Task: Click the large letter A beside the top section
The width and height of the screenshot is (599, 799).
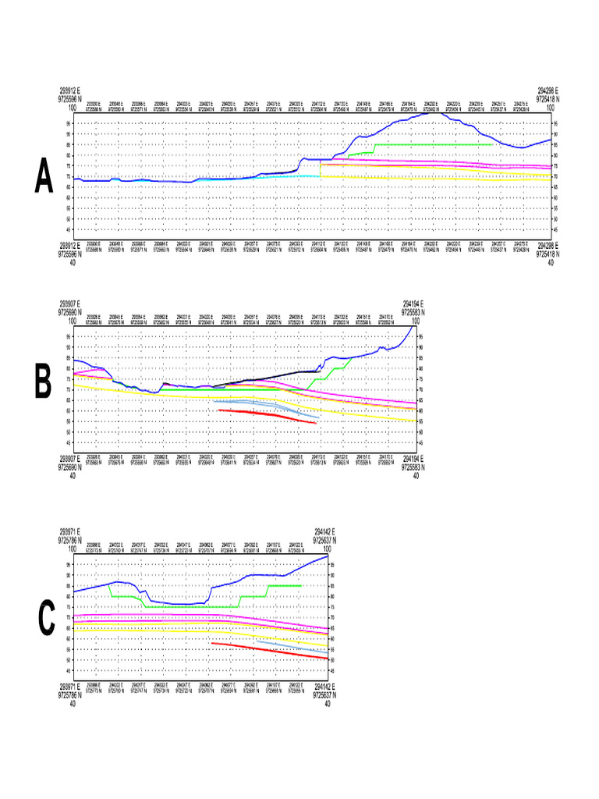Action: pos(44,179)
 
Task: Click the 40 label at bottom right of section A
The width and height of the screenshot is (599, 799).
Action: pos(551,263)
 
